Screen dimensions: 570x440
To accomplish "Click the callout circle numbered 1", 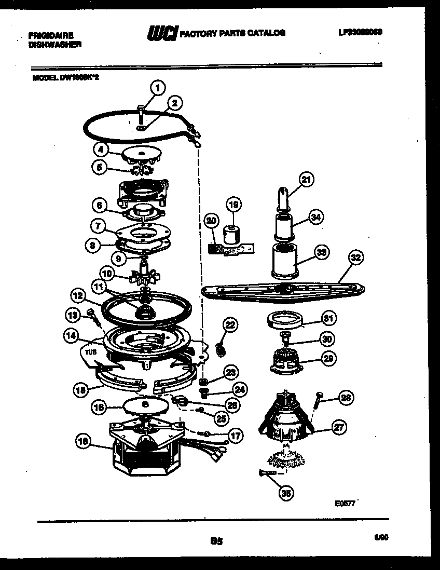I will click(x=158, y=87).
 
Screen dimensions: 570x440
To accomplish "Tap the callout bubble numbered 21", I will click(x=307, y=180).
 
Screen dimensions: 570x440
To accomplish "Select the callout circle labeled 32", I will click(x=356, y=257).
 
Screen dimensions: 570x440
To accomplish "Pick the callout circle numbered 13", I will click(x=72, y=315).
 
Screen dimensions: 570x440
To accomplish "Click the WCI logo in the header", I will click(x=162, y=33).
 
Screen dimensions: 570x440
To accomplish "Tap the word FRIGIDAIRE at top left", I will click(x=51, y=36).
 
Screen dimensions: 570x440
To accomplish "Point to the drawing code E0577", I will click(x=345, y=503).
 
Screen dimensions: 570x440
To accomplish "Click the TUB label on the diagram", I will click(x=91, y=351).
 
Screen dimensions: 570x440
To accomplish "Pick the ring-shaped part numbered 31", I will click(x=284, y=321).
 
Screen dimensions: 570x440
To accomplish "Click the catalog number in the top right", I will click(x=360, y=32).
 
